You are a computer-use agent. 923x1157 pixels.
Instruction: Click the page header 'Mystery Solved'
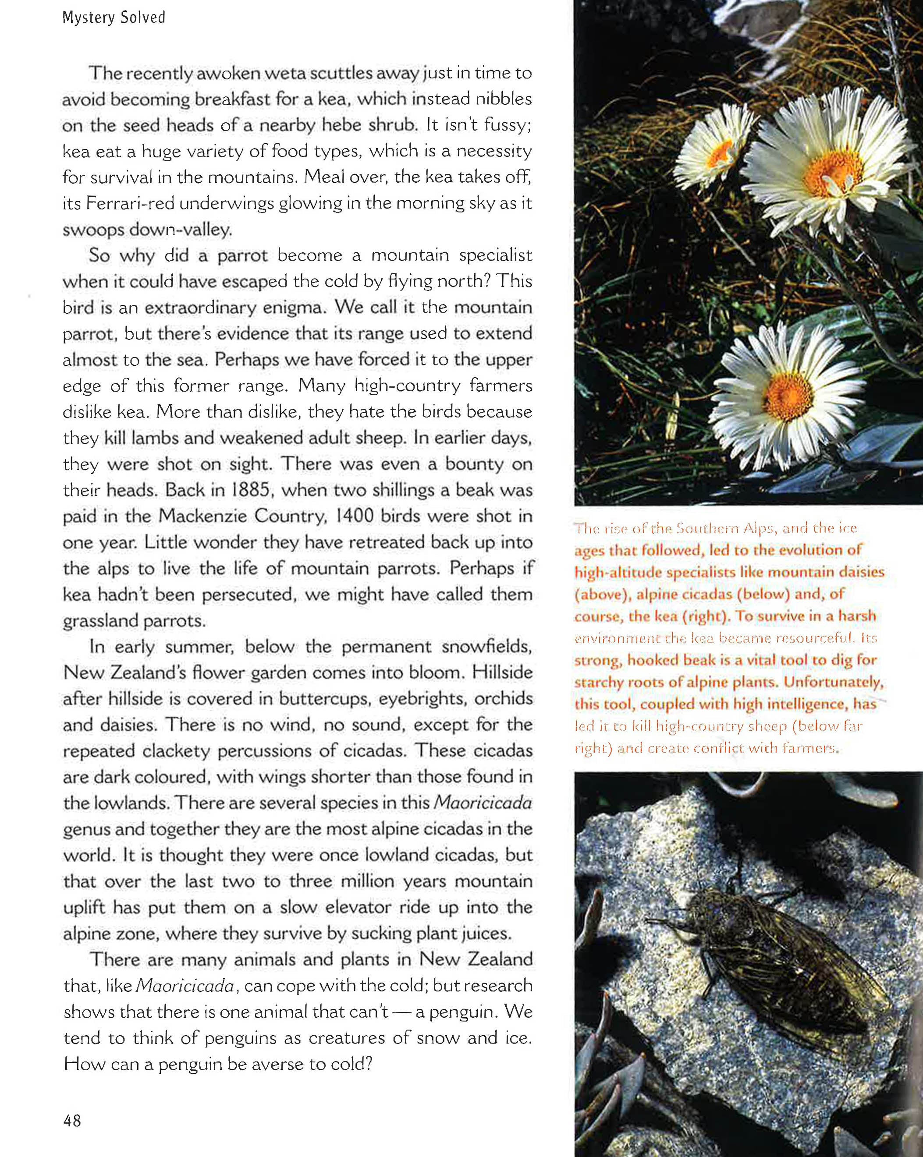[x=114, y=18]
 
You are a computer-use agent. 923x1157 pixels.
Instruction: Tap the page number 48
[x=72, y=1121]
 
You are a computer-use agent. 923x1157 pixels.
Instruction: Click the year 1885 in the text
[x=252, y=490]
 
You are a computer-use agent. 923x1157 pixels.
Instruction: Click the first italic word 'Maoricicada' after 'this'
[x=482, y=803]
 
